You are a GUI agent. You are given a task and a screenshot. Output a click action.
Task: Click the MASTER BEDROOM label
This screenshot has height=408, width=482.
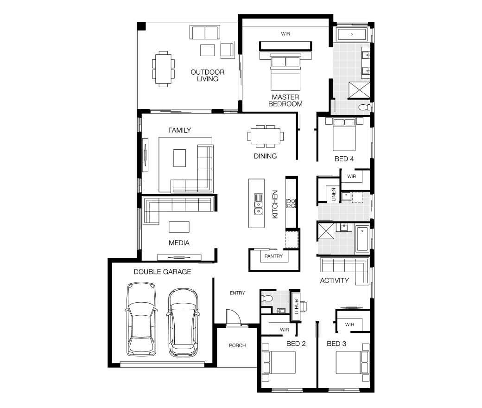[x=285, y=101]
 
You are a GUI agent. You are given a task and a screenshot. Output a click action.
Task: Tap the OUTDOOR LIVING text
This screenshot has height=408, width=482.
[x=208, y=75]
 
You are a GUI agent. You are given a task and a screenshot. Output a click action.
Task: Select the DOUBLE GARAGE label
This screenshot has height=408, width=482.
[x=162, y=272]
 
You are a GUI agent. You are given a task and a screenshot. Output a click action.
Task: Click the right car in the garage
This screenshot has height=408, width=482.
[x=183, y=322]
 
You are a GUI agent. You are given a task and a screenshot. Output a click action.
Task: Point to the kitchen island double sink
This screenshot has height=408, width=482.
[x=258, y=204]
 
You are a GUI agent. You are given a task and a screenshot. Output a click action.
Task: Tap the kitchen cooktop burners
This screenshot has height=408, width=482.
[x=291, y=203]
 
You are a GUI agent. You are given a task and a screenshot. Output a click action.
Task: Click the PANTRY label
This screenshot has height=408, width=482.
[x=273, y=256]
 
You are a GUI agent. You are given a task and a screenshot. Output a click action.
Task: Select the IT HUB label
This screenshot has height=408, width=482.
[x=296, y=306]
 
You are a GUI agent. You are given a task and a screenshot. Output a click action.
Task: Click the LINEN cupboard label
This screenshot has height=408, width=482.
[x=334, y=195]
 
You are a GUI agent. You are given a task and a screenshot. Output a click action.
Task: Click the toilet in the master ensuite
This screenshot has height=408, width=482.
[x=365, y=107]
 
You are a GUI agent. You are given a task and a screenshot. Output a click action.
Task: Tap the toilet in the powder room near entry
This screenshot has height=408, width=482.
[x=266, y=298]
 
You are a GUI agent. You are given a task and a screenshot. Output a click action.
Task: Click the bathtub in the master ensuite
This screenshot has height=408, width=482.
[x=352, y=34]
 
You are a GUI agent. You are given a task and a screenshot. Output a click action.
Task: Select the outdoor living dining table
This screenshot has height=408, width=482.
[x=163, y=69]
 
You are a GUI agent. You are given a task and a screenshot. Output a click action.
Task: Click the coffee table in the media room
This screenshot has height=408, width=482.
[x=179, y=227]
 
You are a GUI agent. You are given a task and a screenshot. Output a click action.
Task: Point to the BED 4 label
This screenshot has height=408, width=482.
[x=344, y=159]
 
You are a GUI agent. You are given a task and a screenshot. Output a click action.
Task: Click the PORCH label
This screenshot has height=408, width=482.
[x=237, y=345]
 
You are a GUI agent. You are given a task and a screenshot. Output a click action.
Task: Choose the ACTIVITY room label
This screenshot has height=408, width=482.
[x=334, y=280]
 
